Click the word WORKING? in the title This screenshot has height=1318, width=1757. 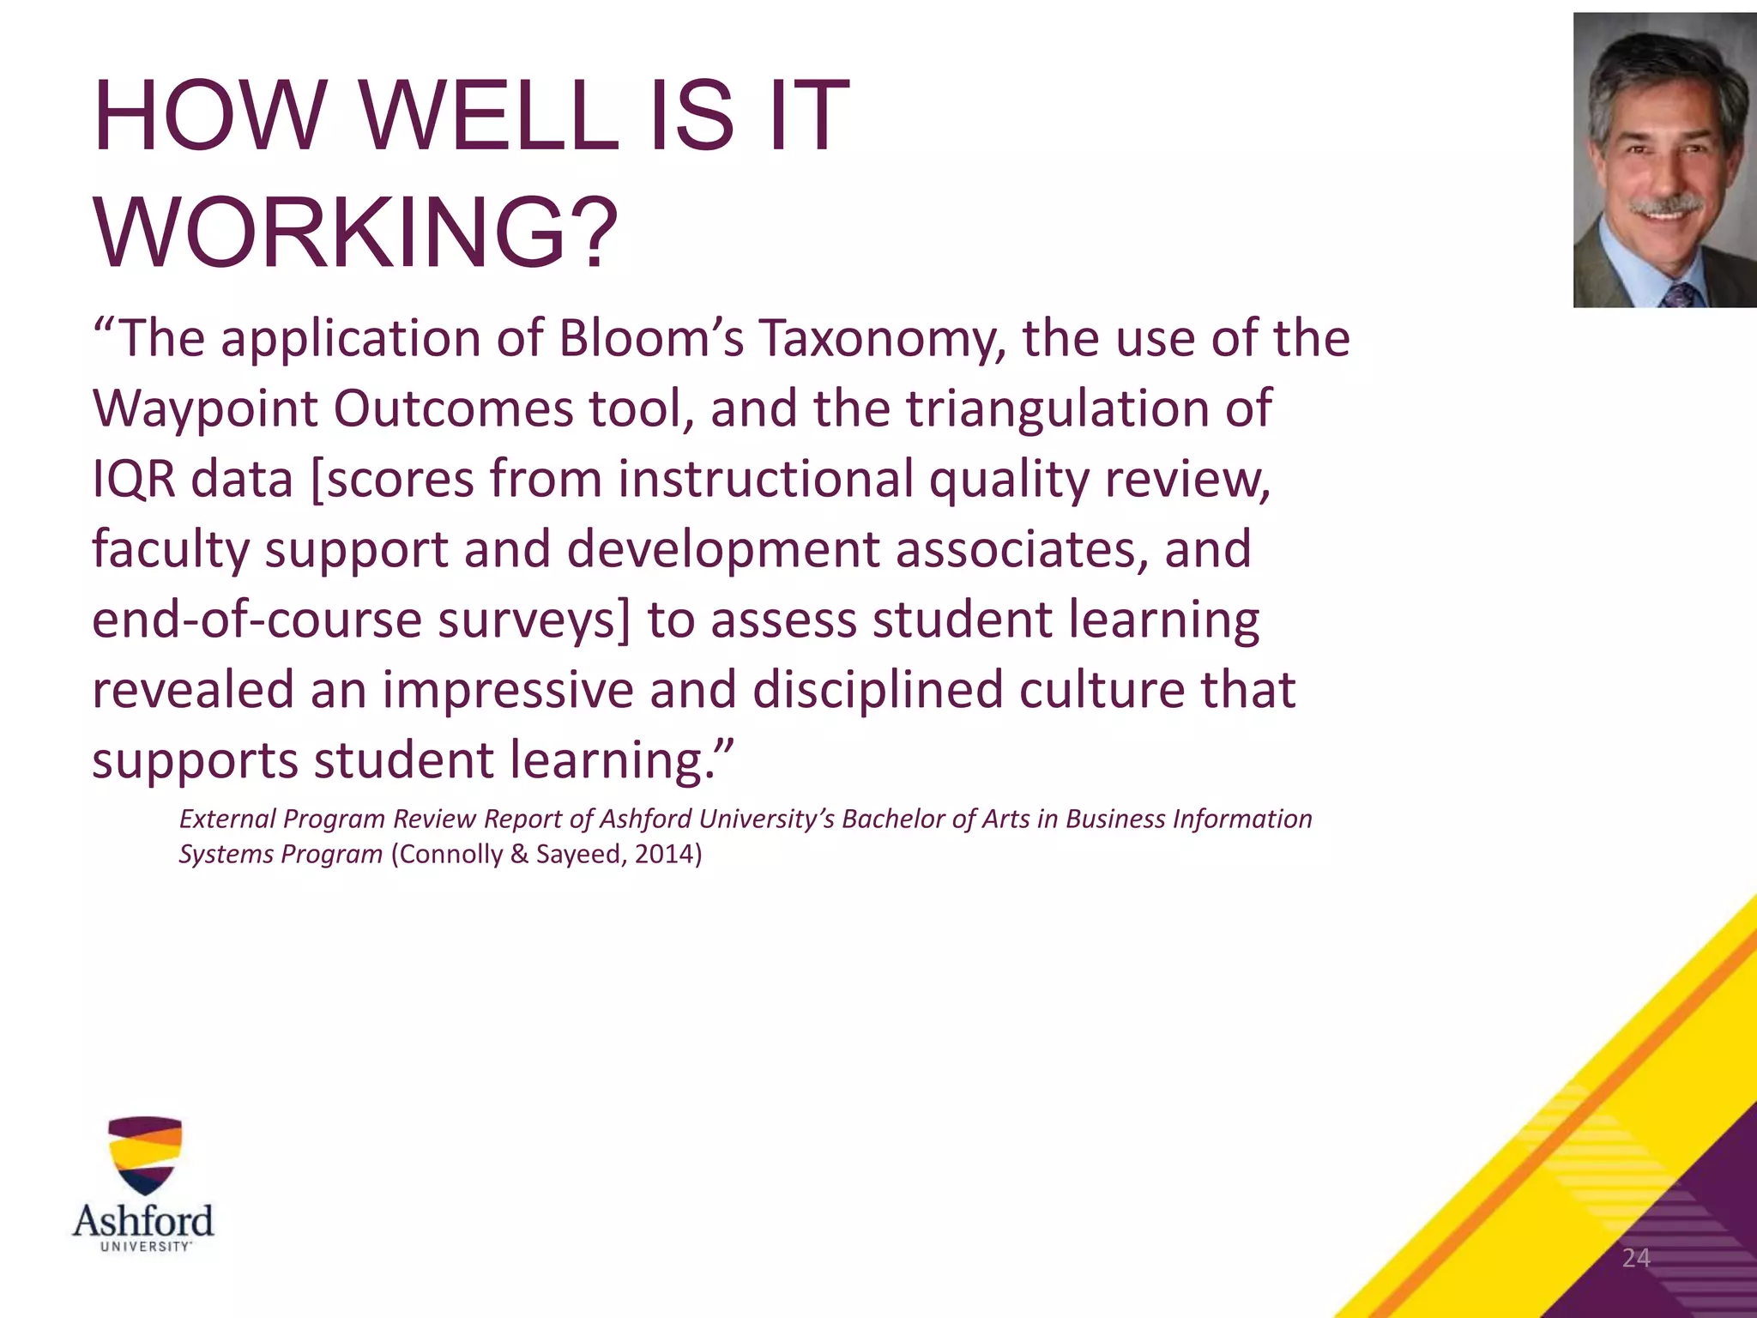pyautogui.click(x=355, y=233)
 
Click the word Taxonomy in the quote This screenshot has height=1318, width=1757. pyautogui.click(x=880, y=340)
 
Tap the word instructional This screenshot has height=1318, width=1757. pyautogui.click(x=765, y=479)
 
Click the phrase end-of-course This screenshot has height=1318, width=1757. pyautogui.click(x=257, y=620)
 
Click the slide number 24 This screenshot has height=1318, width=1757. pyautogui.click(x=1636, y=1258)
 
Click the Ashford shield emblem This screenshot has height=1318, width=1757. pyautogui.click(x=145, y=1154)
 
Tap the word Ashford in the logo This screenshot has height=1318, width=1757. pyautogui.click(x=143, y=1219)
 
